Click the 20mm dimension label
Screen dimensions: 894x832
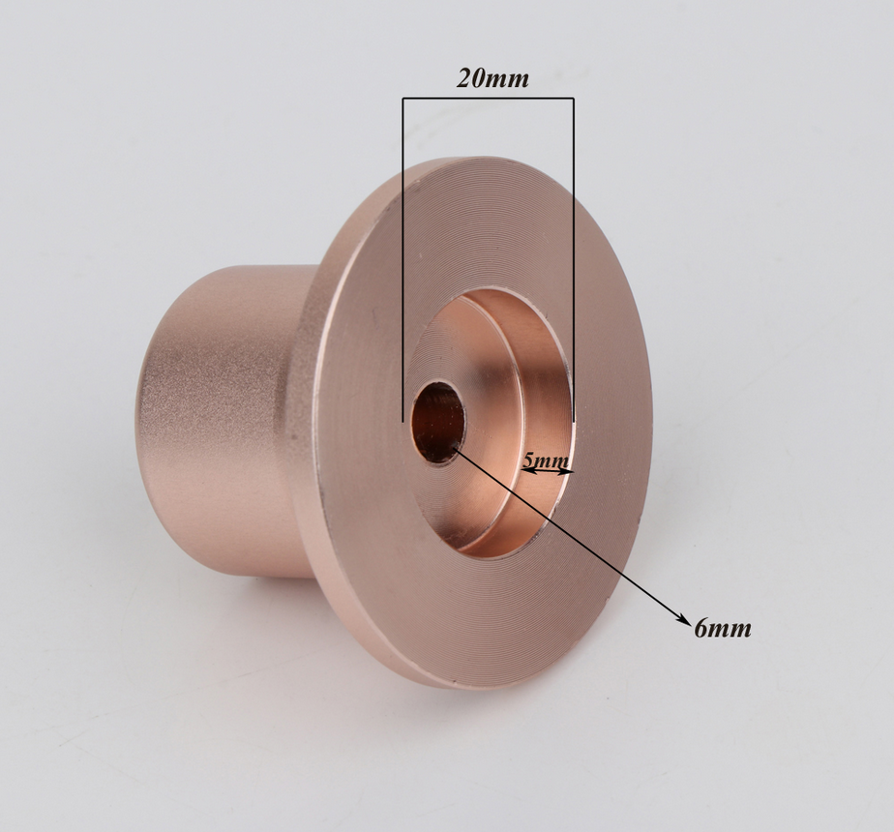[492, 78]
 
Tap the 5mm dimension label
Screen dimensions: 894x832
[546, 461]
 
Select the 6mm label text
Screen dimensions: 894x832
[723, 628]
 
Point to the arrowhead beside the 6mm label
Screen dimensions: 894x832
[682, 619]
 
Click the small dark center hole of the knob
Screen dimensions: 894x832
[437, 422]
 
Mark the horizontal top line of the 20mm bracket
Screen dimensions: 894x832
[488, 99]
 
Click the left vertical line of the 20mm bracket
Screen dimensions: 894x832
[403, 260]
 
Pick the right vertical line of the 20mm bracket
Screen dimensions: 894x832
[573, 260]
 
